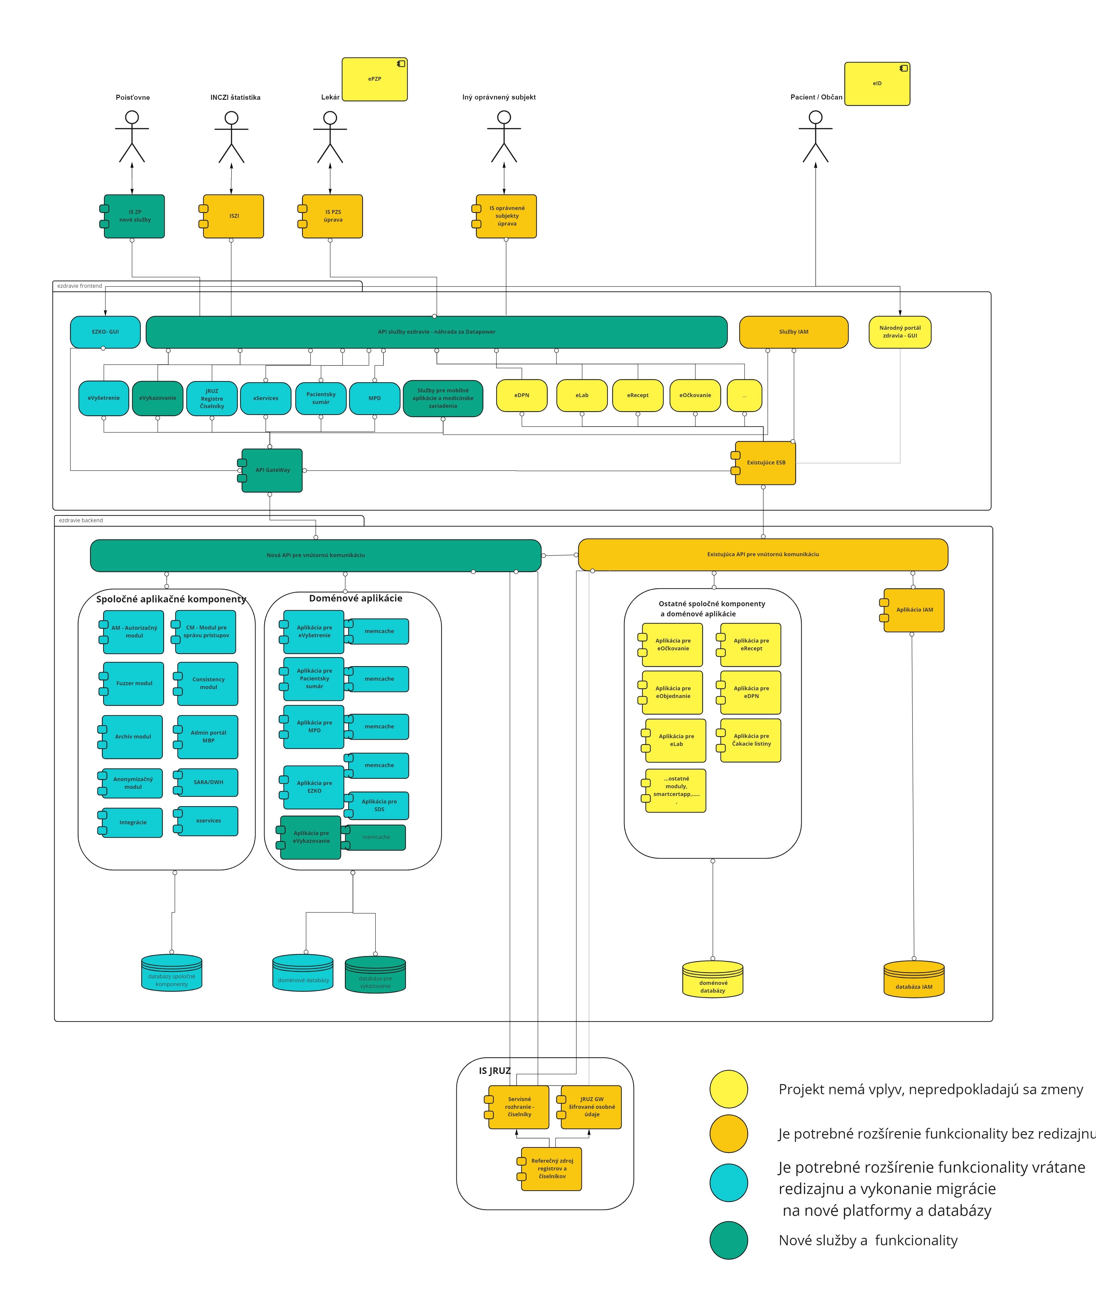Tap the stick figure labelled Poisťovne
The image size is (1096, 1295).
point(132,137)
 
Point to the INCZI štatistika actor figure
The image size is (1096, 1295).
point(231,137)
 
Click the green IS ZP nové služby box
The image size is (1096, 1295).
point(134,216)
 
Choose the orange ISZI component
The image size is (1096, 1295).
point(233,216)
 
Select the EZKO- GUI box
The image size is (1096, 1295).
point(105,332)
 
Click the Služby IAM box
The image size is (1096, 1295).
point(793,332)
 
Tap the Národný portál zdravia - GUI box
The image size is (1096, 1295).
point(900,332)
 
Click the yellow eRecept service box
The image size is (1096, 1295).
point(637,395)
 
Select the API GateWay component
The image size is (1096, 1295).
point(272,470)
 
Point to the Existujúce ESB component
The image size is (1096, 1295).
point(765,463)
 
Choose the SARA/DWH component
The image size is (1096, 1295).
point(208,782)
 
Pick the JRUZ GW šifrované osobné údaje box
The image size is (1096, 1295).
point(591,1107)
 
